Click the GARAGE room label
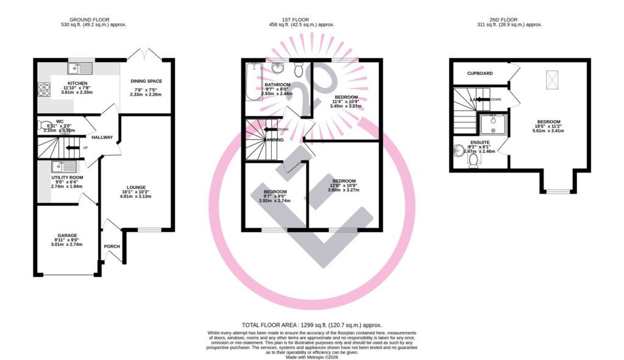68,235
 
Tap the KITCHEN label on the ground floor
77,83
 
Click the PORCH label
112,246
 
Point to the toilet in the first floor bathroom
299,66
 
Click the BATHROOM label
277,85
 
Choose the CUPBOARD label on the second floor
479,73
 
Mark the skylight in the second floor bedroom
552,78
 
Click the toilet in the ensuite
473,159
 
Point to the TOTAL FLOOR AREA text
312,325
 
